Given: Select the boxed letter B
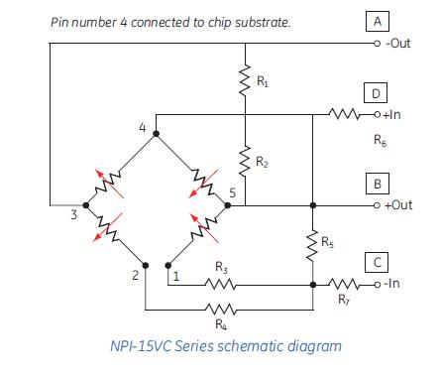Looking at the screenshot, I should [377, 184].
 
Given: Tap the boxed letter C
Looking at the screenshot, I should [377, 263].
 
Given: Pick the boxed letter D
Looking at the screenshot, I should [377, 93].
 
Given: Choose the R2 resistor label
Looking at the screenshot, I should [261, 161].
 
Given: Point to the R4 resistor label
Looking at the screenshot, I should [219, 323].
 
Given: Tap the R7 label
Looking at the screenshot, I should [343, 299].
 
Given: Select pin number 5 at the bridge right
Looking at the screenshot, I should [232, 191].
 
